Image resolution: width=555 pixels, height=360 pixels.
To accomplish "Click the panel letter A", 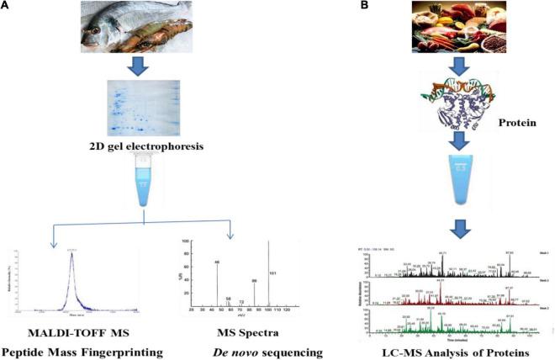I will pos(6,6).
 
